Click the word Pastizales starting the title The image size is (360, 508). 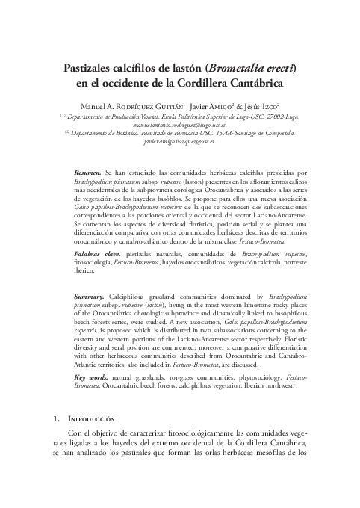pyautogui.click(x=93, y=68)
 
